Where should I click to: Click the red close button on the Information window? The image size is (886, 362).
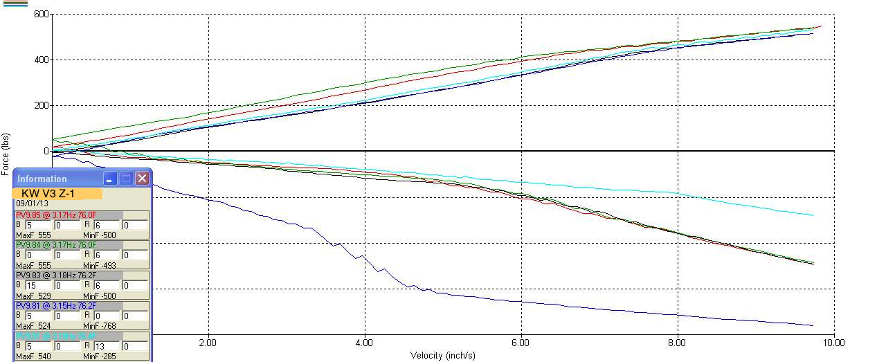click(x=142, y=179)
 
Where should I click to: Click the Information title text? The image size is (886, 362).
click(x=42, y=179)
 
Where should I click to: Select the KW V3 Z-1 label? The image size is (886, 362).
click(x=48, y=193)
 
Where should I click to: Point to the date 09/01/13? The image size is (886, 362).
click(x=32, y=204)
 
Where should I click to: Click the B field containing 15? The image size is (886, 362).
click(x=39, y=285)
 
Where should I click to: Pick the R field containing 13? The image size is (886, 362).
click(x=107, y=346)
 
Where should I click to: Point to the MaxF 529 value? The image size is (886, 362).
click(x=33, y=296)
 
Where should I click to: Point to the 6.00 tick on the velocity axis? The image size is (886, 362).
click(x=521, y=342)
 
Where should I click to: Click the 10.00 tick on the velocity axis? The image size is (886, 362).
click(x=833, y=342)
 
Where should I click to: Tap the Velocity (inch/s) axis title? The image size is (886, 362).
click(x=442, y=355)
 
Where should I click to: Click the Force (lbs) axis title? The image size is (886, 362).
click(x=6, y=154)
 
